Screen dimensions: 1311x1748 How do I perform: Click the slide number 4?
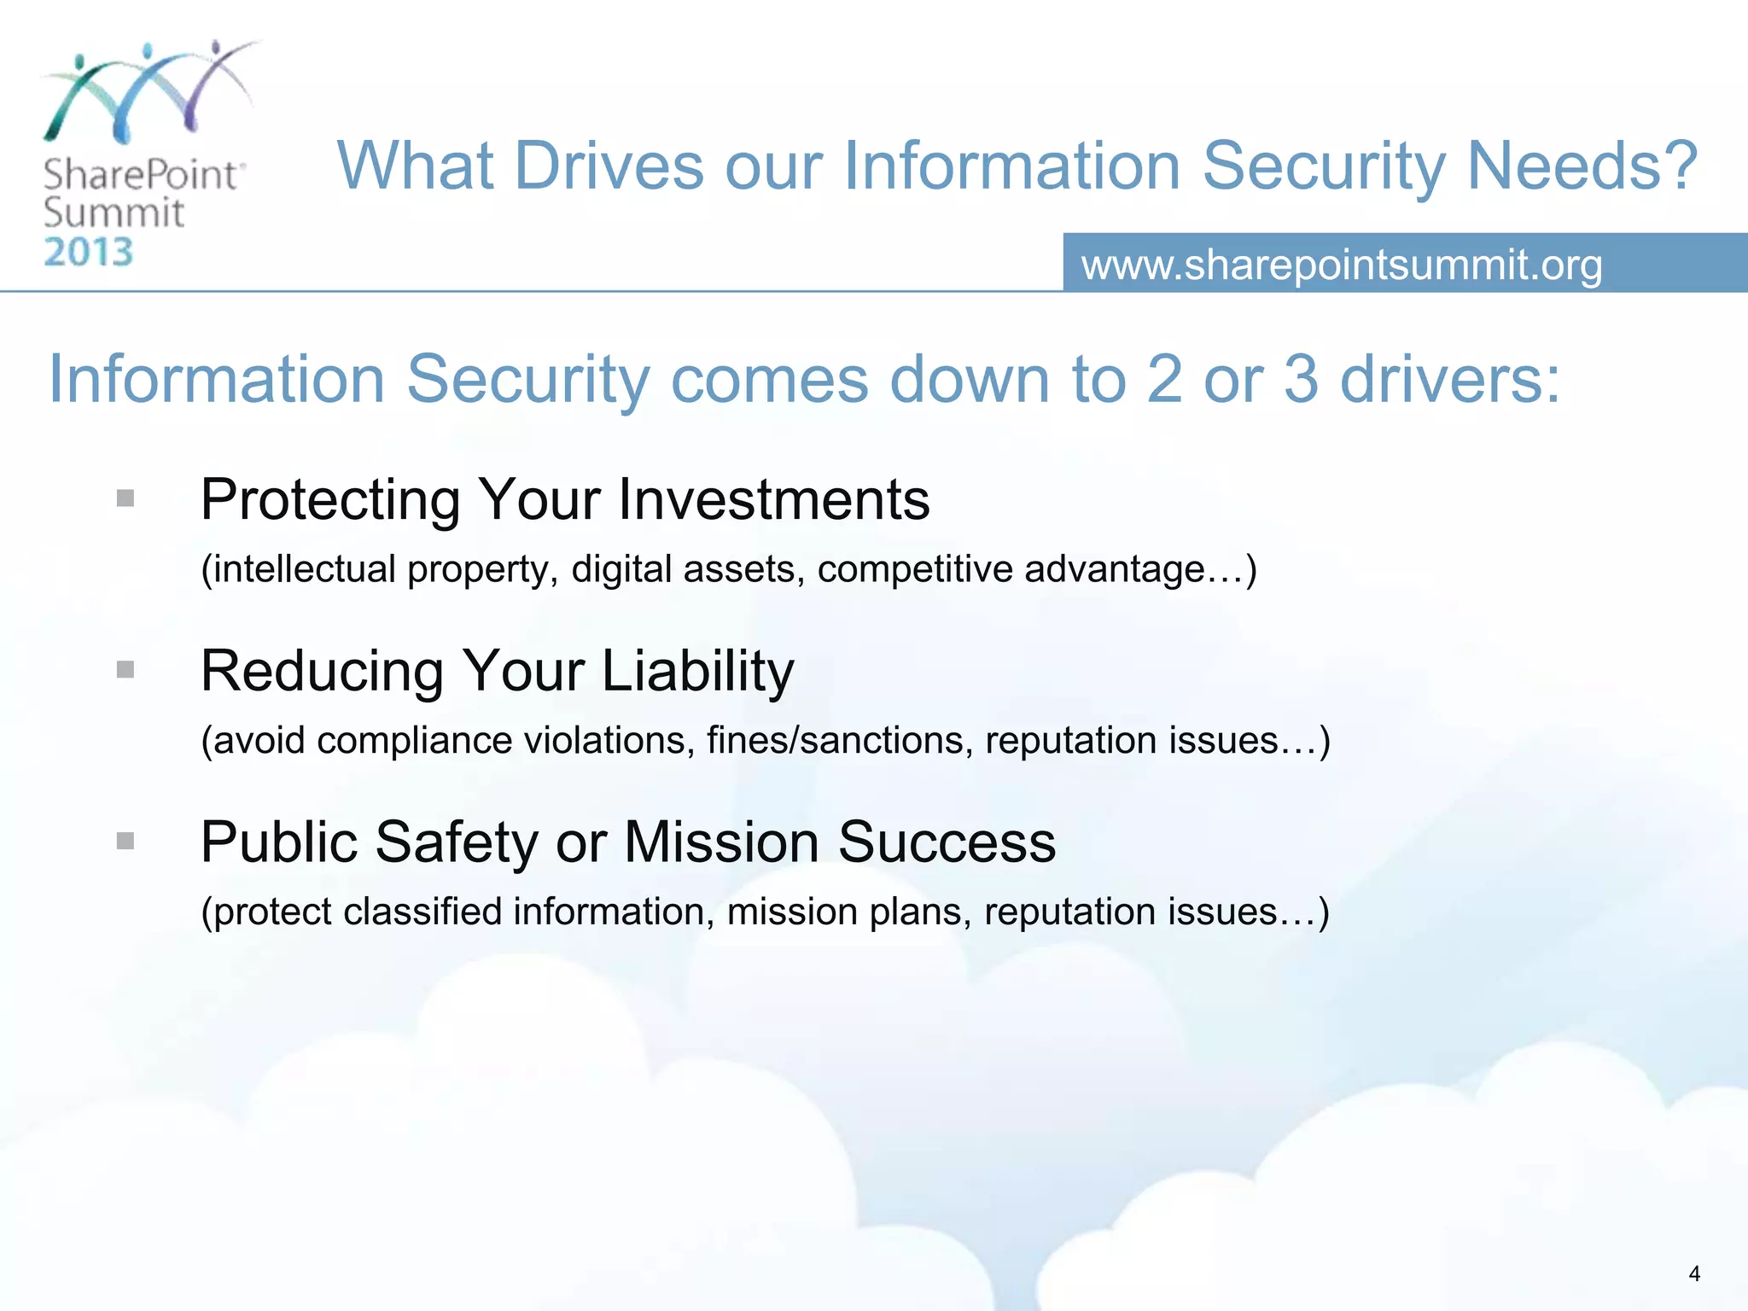[1693, 1274]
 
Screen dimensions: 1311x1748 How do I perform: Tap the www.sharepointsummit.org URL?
[1342, 265]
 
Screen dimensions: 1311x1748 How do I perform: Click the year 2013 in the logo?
[89, 253]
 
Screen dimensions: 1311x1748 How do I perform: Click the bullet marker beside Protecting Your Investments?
[125, 498]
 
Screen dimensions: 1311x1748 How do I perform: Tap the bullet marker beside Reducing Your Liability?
[125, 670]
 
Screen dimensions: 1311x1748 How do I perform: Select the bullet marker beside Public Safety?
[125, 842]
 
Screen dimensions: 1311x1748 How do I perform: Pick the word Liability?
[698, 672]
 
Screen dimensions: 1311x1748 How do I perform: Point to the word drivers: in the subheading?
[1450, 379]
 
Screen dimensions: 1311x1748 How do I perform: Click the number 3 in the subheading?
[1300, 379]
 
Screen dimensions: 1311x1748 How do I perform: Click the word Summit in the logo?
[114, 213]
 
